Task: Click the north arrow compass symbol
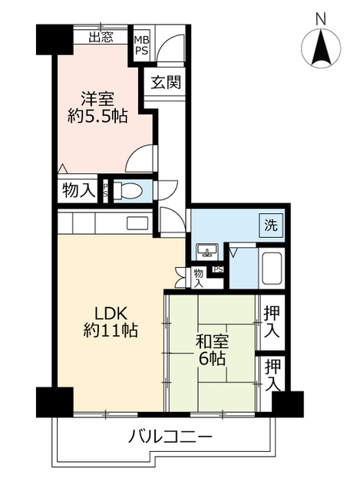pyautogui.click(x=321, y=48)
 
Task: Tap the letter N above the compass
pyautogui.click(x=321, y=18)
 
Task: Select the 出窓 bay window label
pyautogui.click(x=101, y=37)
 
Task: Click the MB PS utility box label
pyautogui.click(x=142, y=45)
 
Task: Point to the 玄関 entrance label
pyautogui.click(x=166, y=82)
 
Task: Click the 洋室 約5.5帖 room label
pyautogui.click(x=97, y=107)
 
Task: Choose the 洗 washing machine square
pyautogui.click(x=271, y=225)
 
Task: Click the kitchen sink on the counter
pyautogui.click(x=137, y=223)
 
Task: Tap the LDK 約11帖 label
pyautogui.click(x=111, y=321)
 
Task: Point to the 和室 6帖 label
pyautogui.click(x=212, y=350)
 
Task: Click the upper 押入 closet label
pyautogui.click(x=271, y=322)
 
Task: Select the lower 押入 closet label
pyautogui.click(x=272, y=375)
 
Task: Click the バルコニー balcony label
pyautogui.click(x=170, y=436)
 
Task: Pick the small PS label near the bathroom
pyautogui.click(x=219, y=269)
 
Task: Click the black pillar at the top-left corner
pyautogui.click(x=54, y=39)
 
